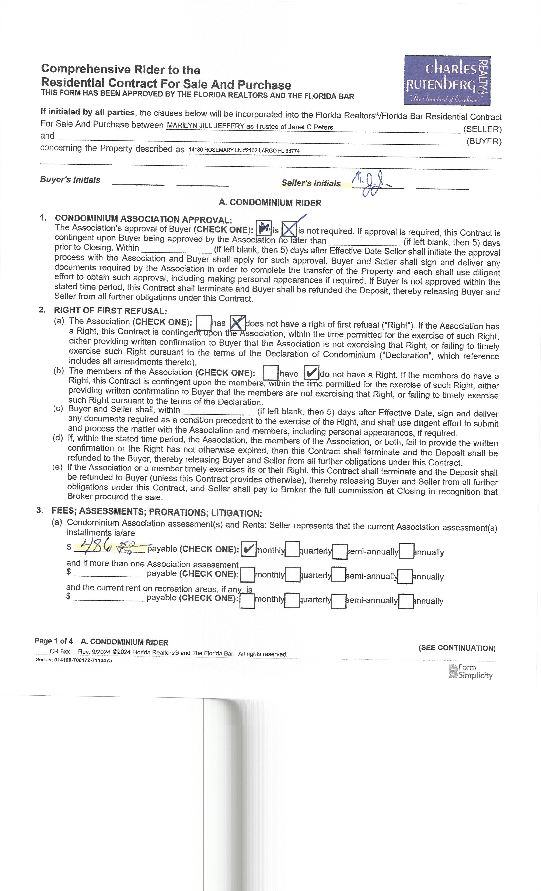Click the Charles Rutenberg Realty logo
[x=447, y=80]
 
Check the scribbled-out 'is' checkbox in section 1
[x=264, y=228]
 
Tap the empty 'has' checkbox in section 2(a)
[x=204, y=322]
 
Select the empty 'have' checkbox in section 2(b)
[x=270, y=373]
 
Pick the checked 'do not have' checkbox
[x=311, y=373]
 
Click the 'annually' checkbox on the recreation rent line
[x=406, y=601]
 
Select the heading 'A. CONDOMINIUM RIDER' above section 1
[x=270, y=203]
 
